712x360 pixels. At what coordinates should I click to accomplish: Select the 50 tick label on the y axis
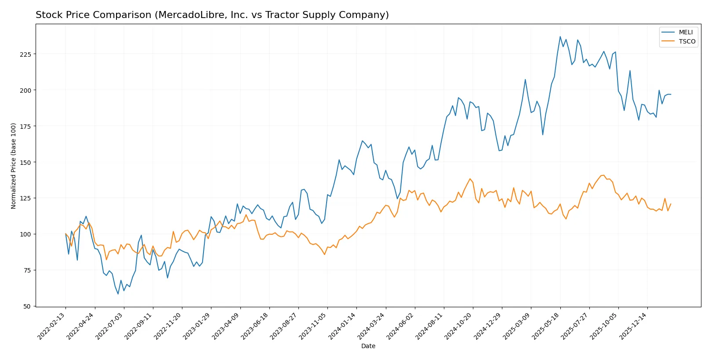tap(27, 306)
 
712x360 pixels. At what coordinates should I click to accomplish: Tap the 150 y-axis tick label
tap(25, 162)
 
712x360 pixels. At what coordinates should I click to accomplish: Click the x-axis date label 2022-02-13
tap(52, 326)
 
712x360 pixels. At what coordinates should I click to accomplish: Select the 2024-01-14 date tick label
tap(342, 326)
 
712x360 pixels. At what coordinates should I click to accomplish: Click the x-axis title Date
tap(368, 346)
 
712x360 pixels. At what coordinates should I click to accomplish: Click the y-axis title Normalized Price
tap(13, 166)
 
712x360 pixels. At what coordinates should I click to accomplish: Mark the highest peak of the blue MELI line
tap(560, 36)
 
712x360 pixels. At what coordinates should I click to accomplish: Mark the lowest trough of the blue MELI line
tap(118, 294)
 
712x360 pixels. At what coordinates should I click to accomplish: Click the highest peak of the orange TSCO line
tap(603, 175)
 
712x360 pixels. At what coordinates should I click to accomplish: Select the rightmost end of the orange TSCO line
tap(671, 204)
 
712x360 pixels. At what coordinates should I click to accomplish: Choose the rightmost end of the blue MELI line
tap(671, 95)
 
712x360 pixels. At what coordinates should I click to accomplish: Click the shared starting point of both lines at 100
tap(65, 234)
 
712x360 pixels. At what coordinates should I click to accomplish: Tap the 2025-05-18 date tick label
tap(546, 326)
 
